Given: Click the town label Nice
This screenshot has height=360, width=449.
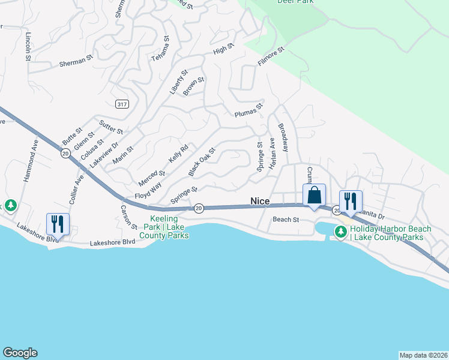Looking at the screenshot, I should pos(260,201).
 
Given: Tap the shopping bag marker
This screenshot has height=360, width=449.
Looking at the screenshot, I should pos(314,195).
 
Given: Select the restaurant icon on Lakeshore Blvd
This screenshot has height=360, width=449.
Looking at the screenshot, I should pos(58,224).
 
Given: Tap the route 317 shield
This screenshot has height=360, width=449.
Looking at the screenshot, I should pos(122,104).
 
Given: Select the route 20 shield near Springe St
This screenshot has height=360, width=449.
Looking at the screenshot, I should pos(199,208).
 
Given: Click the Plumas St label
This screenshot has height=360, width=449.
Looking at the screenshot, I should pos(249,110).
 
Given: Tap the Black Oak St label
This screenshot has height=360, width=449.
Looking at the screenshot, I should pos(202,162).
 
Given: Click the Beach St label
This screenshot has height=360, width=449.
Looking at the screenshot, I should pos(286,220).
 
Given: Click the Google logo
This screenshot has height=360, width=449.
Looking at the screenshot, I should pos(20,353).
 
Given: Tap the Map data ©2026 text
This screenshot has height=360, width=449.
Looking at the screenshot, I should pos(423,355).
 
